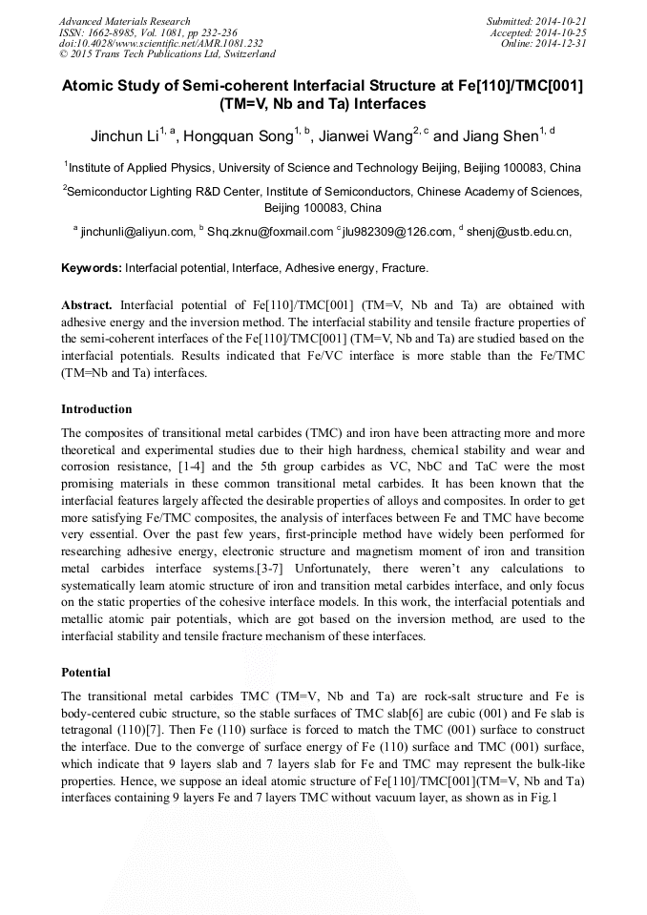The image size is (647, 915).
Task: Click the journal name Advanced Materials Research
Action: [124, 21]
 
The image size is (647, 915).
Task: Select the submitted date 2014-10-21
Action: [560, 21]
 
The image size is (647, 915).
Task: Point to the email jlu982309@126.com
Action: [397, 231]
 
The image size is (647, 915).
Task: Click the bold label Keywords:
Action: [92, 268]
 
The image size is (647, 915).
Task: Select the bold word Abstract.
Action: [88, 305]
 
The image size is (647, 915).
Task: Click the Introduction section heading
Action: [96, 409]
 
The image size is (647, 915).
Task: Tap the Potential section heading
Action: [86, 672]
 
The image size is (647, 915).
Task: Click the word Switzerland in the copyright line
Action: [244, 55]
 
